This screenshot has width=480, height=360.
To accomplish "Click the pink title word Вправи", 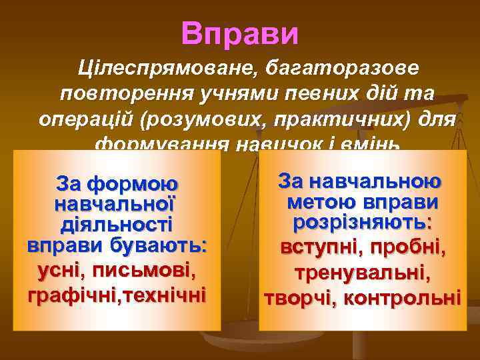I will click(239, 34).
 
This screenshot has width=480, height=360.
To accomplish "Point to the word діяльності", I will click(117, 223).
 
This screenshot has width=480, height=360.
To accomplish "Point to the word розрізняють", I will click(362, 222).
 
